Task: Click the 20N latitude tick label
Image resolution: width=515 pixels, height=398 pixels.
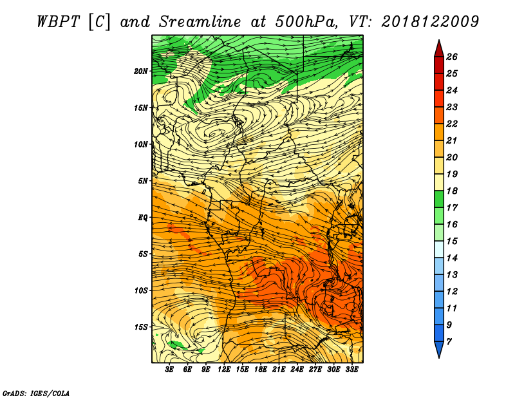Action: pyautogui.click(x=140, y=71)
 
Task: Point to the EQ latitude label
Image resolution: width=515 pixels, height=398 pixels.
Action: pyautogui.click(x=142, y=217)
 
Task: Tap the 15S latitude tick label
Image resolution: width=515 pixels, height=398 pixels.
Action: pyautogui.click(x=140, y=327)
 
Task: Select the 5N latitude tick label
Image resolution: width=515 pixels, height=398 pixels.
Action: pyautogui.click(x=142, y=181)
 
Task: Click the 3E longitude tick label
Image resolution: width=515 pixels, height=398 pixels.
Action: pyautogui.click(x=169, y=370)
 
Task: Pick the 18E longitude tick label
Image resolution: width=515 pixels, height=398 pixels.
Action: pyautogui.click(x=261, y=370)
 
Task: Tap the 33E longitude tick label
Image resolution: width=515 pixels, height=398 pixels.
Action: pyautogui.click(x=351, y=370)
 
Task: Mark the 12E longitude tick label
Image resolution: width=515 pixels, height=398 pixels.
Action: pyautogui.click(x=224, y=370)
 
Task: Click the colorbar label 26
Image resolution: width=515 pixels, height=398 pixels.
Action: pyautogui.click(x=452, y=57)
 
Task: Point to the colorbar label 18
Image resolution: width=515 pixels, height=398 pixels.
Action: pyautogui.click(x=452, y=191)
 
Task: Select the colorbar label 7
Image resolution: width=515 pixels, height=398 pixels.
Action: pyautogui.click(x=449, y=342)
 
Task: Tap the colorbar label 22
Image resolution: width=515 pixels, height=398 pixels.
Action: pyautogui.click(x=452, y=124)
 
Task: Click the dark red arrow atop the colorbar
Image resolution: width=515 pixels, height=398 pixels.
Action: pyautogui.click(x=439, y=49)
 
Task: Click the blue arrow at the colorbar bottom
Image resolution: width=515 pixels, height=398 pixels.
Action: pyautogui.click(x=439, y=349)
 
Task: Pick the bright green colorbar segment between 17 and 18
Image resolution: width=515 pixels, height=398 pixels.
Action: pyautogui.click(x=439, y=199)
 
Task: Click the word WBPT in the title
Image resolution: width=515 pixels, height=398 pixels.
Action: pyautogui.click(x=58, y=22)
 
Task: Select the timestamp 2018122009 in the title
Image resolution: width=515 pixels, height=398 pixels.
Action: pyautogui.click(x=430, y=22)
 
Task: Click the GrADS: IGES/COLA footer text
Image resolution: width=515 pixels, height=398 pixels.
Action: pyautogui.click(x=36, y=393)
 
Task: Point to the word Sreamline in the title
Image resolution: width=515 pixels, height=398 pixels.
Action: pyautogui.click(x=200, y=22)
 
